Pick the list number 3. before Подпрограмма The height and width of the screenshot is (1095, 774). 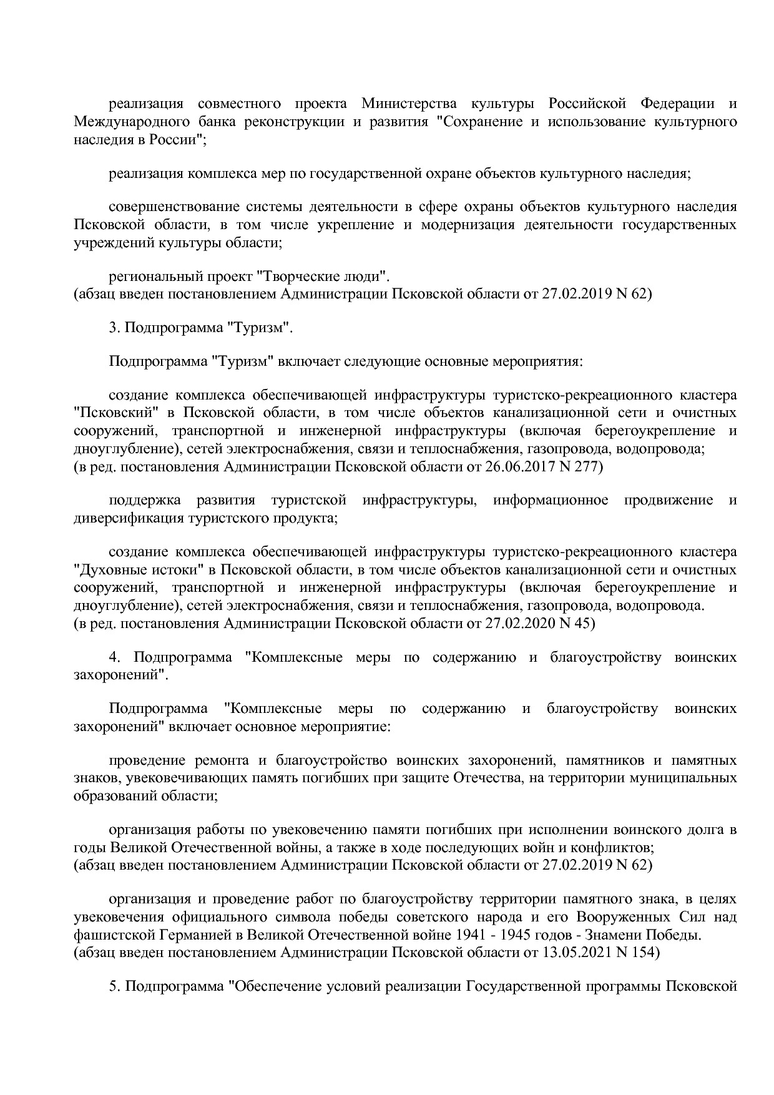pyautogui.click(x=114, y=327)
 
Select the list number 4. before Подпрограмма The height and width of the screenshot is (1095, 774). pyautogui.click(x=114, y=657)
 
